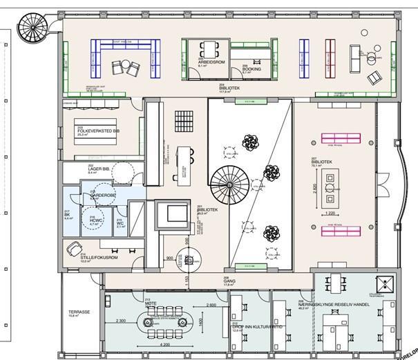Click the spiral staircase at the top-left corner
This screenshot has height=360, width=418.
coord(33,29)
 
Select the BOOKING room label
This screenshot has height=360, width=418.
coord(251,69)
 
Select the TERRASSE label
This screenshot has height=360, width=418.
coord(79,312)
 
